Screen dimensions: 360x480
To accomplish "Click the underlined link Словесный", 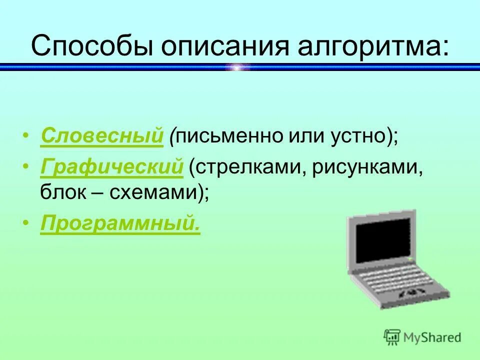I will point(102,136).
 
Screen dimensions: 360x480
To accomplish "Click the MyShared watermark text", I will point(432,337).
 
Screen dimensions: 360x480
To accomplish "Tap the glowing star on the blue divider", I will point(238,66).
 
